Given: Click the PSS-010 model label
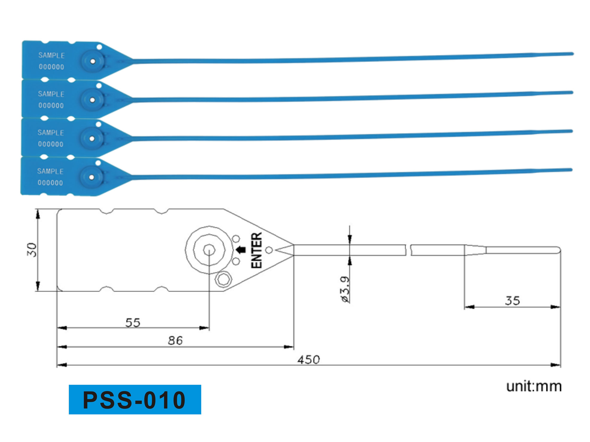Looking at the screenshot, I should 135,400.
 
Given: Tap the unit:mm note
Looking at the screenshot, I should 534,386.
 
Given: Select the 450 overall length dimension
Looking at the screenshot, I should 308,360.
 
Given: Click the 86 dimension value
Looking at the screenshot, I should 175,340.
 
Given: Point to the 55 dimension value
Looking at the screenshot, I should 133,323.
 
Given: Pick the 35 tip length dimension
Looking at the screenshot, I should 513,300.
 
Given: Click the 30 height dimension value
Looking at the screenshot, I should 32,250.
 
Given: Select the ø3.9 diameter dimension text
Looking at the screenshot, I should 345,289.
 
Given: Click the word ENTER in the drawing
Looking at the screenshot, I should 257,250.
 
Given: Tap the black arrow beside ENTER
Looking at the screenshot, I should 241,250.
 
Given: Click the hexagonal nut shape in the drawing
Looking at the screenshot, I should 223,280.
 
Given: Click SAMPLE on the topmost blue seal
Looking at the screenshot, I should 51,55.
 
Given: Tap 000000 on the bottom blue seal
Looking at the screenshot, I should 50,183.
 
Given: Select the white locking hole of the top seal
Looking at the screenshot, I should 93,61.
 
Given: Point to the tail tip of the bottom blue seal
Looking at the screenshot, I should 571,170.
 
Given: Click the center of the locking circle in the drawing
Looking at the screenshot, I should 209,250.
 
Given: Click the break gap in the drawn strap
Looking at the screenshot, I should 408,250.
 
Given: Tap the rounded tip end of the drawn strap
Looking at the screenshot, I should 559,250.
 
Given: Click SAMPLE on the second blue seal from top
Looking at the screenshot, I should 51,94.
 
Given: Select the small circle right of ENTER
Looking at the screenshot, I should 269,250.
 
